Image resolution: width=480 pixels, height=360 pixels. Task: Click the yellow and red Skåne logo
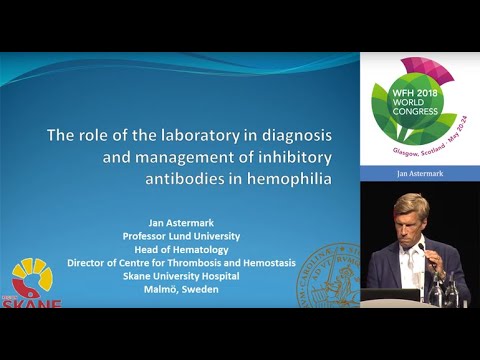click(x=32, y=283)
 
